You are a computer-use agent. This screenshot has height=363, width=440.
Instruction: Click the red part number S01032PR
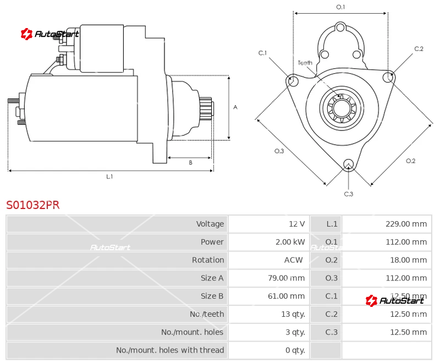click(32, 205)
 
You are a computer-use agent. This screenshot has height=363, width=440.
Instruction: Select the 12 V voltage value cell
click(296, 224)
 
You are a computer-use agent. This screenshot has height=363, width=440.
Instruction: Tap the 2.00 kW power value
click(290, 242)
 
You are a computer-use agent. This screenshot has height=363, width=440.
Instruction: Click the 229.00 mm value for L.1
click(406, 224)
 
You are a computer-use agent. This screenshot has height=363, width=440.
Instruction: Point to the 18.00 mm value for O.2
click(408, 260)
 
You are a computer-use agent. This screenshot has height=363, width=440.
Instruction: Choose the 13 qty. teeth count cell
click(293, 314)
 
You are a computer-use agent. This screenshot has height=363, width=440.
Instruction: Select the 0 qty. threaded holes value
click(295, 350)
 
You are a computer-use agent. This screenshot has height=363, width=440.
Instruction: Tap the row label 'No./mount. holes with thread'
click(170, 350)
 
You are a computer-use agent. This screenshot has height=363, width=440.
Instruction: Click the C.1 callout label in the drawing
click(262, 53)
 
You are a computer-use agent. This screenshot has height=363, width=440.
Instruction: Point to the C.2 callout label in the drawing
click(419, 49)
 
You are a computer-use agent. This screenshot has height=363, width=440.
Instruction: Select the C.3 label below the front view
click(348, 194)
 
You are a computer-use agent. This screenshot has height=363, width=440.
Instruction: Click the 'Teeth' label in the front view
click(305, 63)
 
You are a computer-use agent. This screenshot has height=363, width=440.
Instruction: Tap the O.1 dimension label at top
click(340, 7)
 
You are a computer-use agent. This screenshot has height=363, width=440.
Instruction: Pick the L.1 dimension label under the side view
click(109, 177)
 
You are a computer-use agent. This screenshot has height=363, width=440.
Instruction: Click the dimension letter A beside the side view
click(235, 107)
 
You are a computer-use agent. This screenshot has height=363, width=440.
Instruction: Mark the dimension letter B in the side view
click(190, 162)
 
